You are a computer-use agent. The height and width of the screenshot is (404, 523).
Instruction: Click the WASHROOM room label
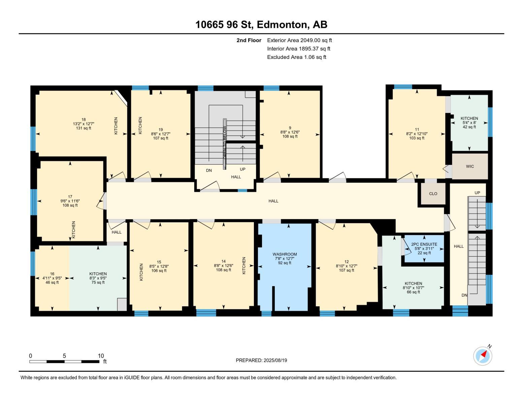tap(285, 254)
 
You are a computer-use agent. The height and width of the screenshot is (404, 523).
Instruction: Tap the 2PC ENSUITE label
tap(424, 244)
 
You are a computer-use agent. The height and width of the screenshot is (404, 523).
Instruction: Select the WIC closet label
tap(470, 166)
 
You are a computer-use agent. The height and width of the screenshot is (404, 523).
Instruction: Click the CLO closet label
tap(433, 194)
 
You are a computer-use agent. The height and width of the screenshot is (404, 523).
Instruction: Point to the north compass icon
tap(483, 356)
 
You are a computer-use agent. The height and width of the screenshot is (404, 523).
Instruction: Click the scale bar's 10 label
tap(101, 356)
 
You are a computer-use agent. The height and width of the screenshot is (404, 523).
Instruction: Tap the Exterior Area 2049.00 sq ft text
tap(299, 40)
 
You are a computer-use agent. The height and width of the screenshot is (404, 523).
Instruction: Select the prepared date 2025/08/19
tap(261, 360)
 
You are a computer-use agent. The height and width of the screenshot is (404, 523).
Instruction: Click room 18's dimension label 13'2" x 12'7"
tap(84, 124)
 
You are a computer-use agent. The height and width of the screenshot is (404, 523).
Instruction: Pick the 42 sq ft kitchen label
tap(469, 127)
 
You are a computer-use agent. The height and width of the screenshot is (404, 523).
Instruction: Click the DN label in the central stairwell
tap(209, 170)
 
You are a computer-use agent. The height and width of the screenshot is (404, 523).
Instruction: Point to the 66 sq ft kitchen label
tap(413, 292)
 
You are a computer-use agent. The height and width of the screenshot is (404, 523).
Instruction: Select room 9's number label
tap(290, 128)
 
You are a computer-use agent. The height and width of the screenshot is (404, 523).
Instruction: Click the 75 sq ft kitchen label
tap(98, 282)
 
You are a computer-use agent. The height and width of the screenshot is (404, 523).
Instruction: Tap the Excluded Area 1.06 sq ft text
tap(296, 57)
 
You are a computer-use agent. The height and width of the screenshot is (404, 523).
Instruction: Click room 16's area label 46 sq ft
tap(52, 282)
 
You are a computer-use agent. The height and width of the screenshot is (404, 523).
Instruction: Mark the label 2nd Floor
tap(249, 40)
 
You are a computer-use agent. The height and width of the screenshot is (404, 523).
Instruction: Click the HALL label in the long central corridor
tap(273, 201)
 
